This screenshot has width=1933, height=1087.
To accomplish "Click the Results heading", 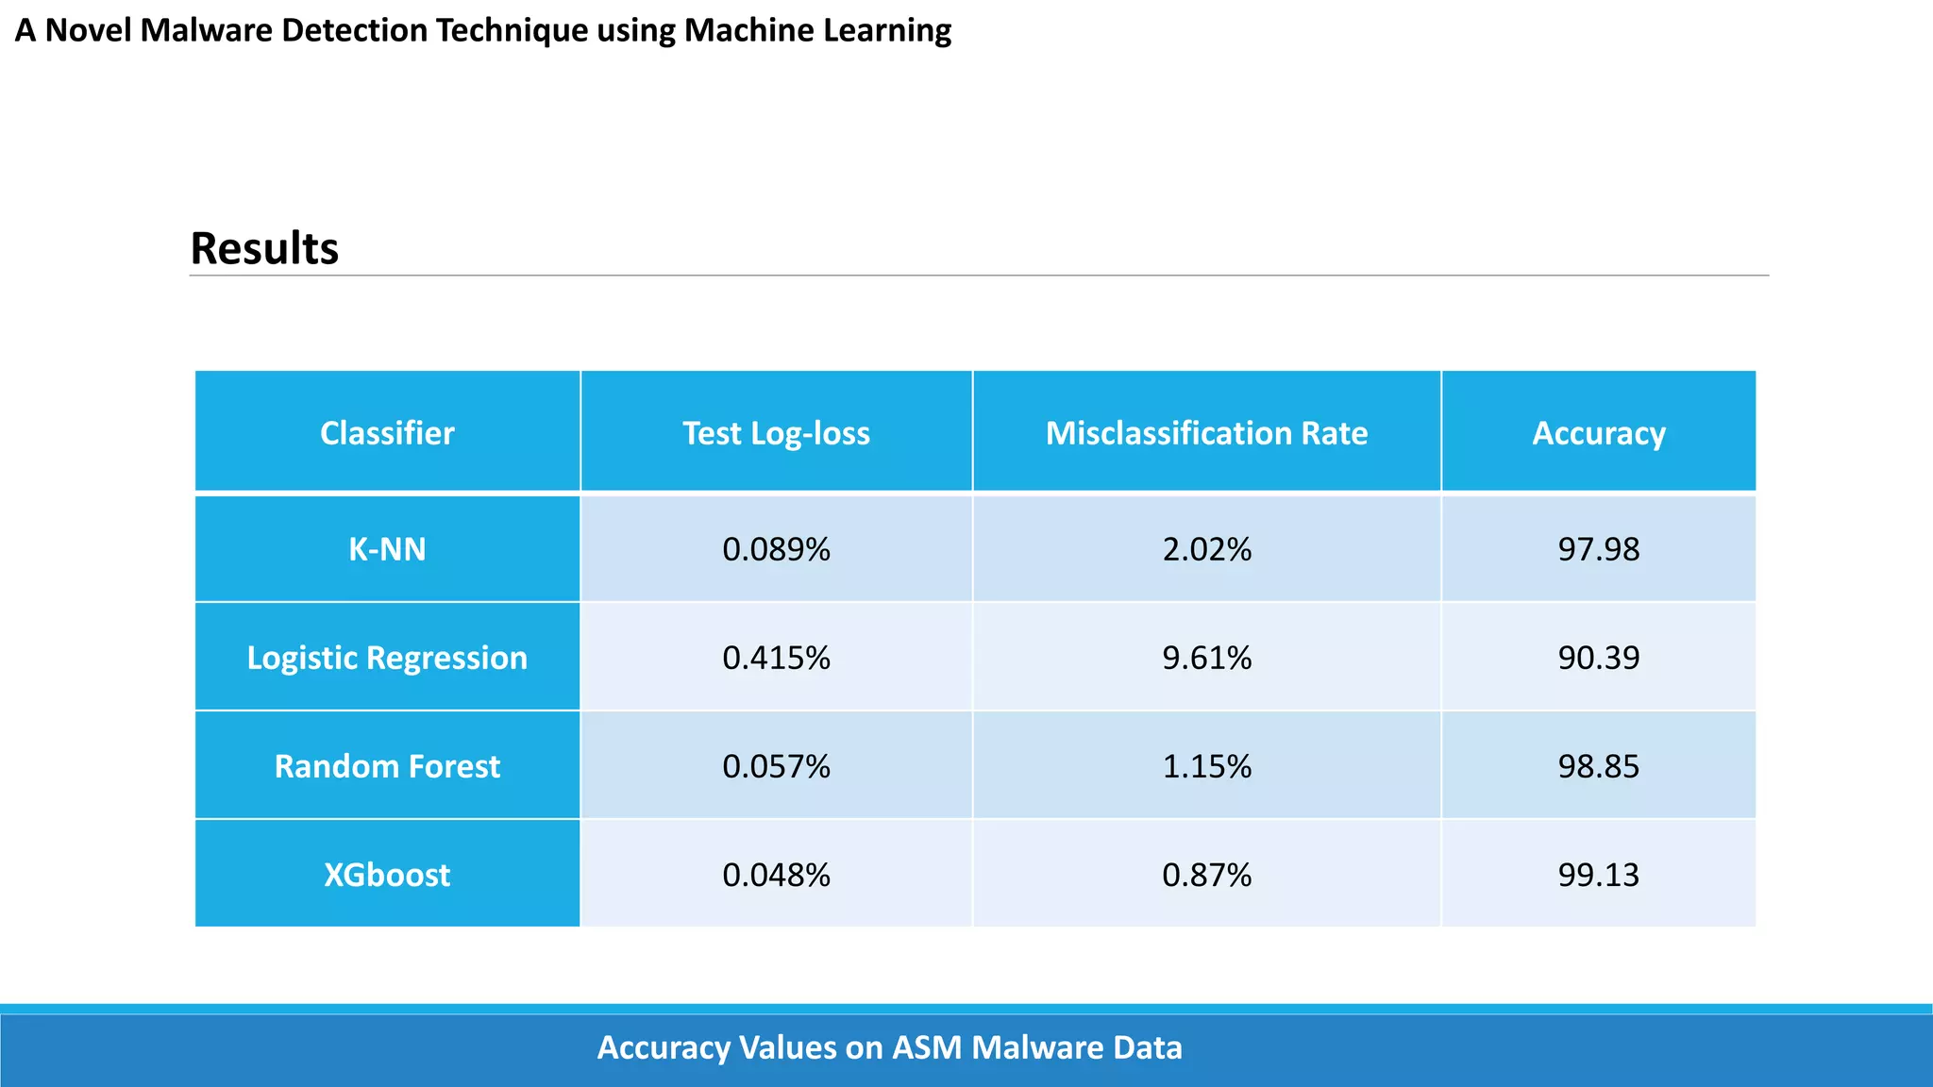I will (x=264, y=248).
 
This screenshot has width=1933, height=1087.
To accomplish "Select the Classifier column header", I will (x=387, y=433).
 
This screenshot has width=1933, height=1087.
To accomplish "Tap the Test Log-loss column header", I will (x=776, y=433).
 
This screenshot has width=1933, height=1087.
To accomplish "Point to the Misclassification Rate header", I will (x=1206, y=433).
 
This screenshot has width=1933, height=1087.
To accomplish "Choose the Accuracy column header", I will (x=1598, y=433).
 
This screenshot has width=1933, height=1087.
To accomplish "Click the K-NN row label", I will (x=387, y=549).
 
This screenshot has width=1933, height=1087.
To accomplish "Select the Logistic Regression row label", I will (x=387, y=658).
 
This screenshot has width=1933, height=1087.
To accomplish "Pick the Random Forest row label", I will (x=387, y=766).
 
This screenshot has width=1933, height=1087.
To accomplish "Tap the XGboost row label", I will (x=387, y=875).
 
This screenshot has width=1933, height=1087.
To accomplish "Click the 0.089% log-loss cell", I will (x=776, y=549).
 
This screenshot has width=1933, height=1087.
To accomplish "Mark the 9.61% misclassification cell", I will (x=1206, y=658).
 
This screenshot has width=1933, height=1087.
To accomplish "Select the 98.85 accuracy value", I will (x=1598, y=766).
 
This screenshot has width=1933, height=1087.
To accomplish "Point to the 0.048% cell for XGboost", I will (x=776, y=875).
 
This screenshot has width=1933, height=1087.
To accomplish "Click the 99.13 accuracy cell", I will (x=1598, y=875).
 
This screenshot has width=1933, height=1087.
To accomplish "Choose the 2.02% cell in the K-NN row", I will (x=1206, y=549).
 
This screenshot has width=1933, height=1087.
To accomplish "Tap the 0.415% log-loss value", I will (x=776, y=658).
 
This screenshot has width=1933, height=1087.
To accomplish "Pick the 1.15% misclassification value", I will (x=1206, y=766).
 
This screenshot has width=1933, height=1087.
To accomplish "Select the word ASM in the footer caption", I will (x=927, y=1047).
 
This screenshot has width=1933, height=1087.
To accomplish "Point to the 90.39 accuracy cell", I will (x=1598, y=658).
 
